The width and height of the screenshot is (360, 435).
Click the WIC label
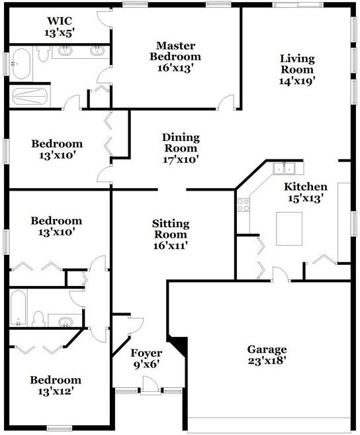pos(60,21)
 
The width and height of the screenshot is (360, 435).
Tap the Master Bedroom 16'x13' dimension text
pos(175,68)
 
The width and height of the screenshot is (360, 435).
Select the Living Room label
pos(297,64)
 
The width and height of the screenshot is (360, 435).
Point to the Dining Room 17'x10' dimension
pos(181,160)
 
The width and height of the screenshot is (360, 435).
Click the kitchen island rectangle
pos(289,228)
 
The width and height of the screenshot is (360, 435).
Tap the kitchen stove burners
pos(243,205)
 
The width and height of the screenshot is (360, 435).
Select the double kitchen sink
pos(285,168)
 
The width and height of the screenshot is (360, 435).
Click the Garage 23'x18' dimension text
pos(267,361)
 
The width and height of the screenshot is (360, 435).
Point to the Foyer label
pos(146,353)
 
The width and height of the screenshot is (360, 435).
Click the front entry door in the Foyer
pos(150,385)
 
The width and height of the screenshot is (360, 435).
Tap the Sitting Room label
pos(171,229)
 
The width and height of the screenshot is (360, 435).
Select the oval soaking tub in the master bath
pos(21,64)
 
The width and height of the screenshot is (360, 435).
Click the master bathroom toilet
pos(43,54)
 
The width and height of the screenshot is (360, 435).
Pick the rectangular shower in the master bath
pos(30,96)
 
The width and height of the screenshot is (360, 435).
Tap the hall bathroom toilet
pos(38,318)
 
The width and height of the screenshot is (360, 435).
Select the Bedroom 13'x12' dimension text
pos(56,391)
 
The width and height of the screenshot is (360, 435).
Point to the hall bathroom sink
pos(66,322)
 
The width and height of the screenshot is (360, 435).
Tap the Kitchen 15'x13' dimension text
pos(306,199)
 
